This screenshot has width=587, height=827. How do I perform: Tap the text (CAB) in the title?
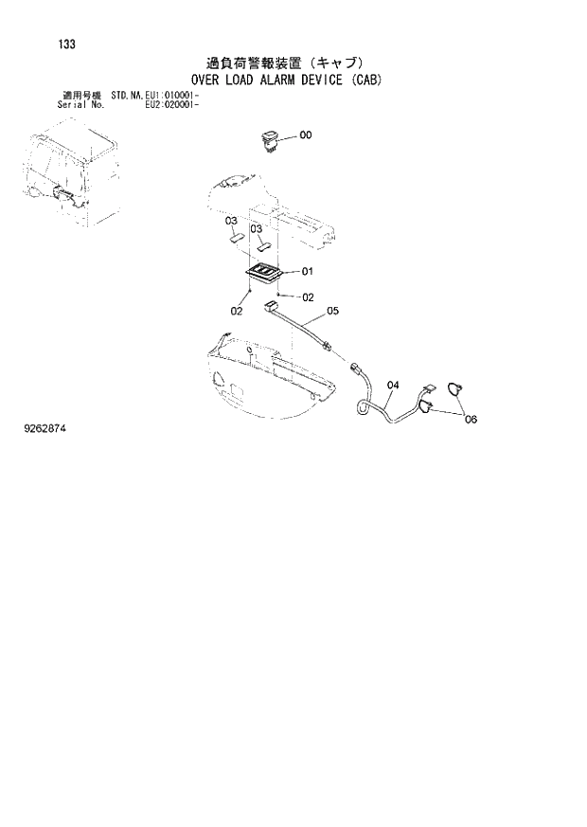(365, 81)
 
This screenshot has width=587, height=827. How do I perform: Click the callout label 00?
(305, 135)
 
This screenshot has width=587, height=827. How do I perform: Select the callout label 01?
(307, 271)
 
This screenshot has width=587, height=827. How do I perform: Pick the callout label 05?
(332, 310)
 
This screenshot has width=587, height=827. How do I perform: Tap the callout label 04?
(394, 385)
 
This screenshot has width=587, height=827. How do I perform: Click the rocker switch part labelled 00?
(269, 140)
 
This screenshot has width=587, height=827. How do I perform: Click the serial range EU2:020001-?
(172, 105)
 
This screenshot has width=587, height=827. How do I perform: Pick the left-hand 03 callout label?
(230, 221)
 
